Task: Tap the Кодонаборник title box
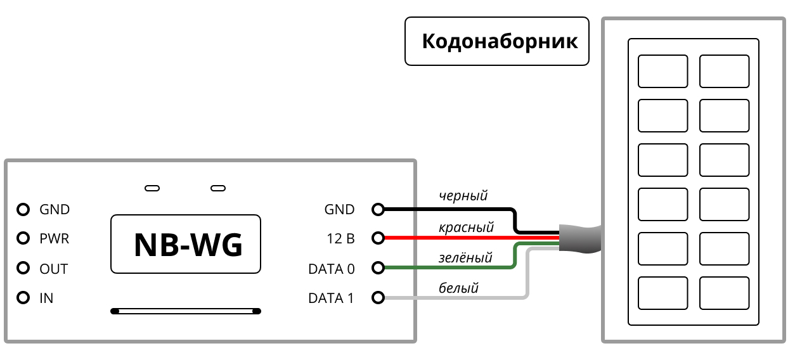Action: pos(497,42)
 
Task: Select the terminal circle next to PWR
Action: pos(23,239)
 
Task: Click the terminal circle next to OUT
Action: pos(23,269)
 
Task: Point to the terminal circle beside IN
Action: pos(23,297)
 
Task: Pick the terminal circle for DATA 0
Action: pos(378,269)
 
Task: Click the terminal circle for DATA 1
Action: pos(378,297)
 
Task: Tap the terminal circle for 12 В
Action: pos(378,239)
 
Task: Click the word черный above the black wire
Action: pos(463,196)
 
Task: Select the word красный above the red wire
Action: pos(466,227)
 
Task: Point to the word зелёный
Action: pos(465,258)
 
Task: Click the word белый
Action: pos(458,288)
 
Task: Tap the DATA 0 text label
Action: pos(331,269)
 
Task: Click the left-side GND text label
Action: pos(55,209)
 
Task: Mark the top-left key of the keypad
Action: pos(662,71)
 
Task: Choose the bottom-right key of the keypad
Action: pos(725,293)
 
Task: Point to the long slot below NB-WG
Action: pos(186,311)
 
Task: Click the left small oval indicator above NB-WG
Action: pos(152,188)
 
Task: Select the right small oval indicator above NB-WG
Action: pos(218,188)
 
